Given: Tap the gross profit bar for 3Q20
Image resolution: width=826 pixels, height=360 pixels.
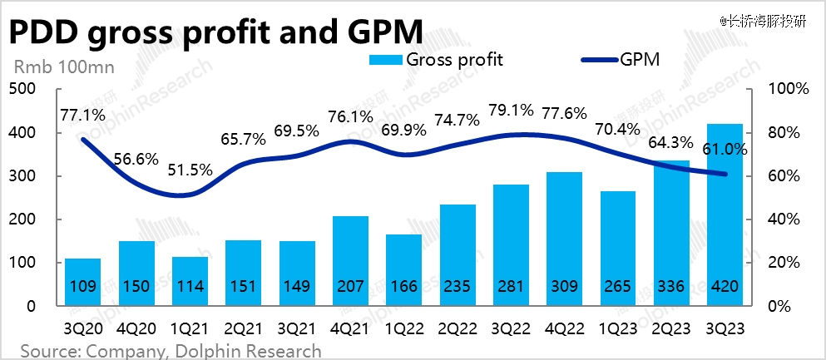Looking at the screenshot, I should pyautogui.click(x=84, y=282).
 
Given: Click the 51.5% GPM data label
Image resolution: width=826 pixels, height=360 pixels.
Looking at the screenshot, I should pyautogui.click(x=191, y=170).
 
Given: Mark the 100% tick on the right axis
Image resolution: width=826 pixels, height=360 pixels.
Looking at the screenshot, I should pyautogui.click(x=781, y=89).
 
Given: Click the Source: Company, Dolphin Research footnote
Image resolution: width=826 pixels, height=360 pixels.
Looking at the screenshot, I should pyautogui.click(x=171, y=350).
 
